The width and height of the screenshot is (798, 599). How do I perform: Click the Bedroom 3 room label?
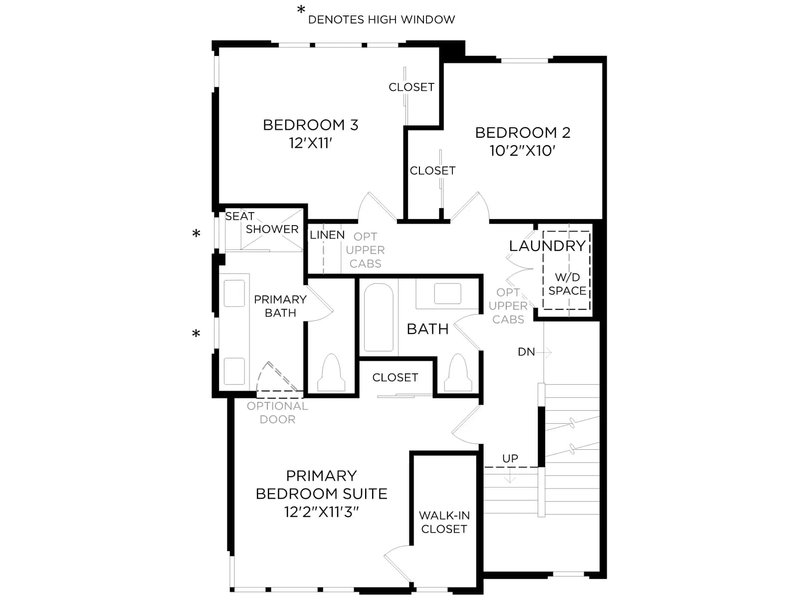[x=311, y=125]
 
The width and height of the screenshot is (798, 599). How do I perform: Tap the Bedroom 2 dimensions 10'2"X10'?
[x=522, y=151]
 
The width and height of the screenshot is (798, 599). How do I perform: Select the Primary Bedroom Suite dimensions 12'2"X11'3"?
[x=321, y=512]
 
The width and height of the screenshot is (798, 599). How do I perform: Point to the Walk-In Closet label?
[x=444, y=522]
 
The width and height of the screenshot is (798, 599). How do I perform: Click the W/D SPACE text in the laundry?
[x=567, y=284]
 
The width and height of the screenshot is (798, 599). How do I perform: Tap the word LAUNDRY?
[x=547, y=246]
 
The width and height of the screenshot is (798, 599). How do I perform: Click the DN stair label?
[x=526, y=352]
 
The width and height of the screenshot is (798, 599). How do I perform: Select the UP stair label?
[x=510, y=458]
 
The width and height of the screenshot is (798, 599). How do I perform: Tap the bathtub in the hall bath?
[x=379, y=317]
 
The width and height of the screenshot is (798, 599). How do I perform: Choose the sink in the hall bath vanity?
[x=447, y=294]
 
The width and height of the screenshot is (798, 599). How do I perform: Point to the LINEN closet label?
[x=327, y=235]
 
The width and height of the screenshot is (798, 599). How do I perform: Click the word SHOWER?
[x=272, y=229]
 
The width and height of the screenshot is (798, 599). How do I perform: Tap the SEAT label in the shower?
[x=239, y=216]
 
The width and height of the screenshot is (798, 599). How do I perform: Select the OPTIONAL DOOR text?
[x=277, y=412]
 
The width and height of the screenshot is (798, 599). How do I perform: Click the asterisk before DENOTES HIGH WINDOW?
[x=301, y=10]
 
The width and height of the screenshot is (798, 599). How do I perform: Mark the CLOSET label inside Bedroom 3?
[x=411, y=87]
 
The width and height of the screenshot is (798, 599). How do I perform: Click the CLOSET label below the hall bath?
[x=395, y=377]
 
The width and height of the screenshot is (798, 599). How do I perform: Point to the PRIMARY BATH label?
[x=280, y=306]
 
